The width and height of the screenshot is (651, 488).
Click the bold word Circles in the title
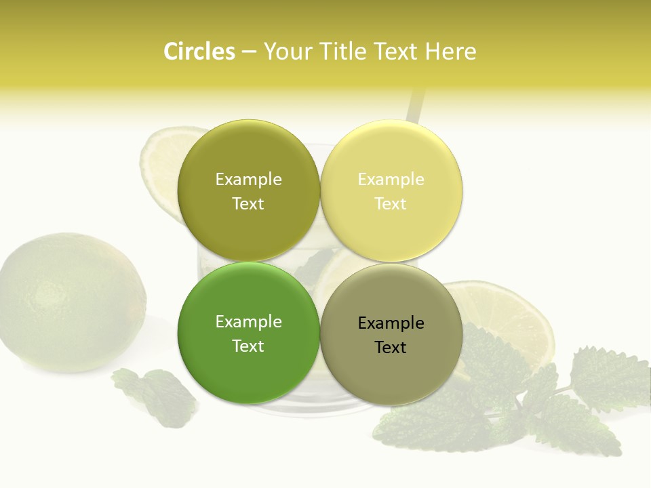click(199, 52)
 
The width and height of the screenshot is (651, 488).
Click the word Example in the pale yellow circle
click(391, 179)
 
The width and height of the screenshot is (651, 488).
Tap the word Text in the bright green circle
click(248, 346)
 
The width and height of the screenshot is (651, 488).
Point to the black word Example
click(391, 323)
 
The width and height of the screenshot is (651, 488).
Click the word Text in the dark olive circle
click(248, 203)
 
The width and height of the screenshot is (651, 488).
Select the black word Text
click(391, 347)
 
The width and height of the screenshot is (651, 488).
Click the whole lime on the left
click(71, 302)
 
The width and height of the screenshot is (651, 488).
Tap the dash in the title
click(249, 52)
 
